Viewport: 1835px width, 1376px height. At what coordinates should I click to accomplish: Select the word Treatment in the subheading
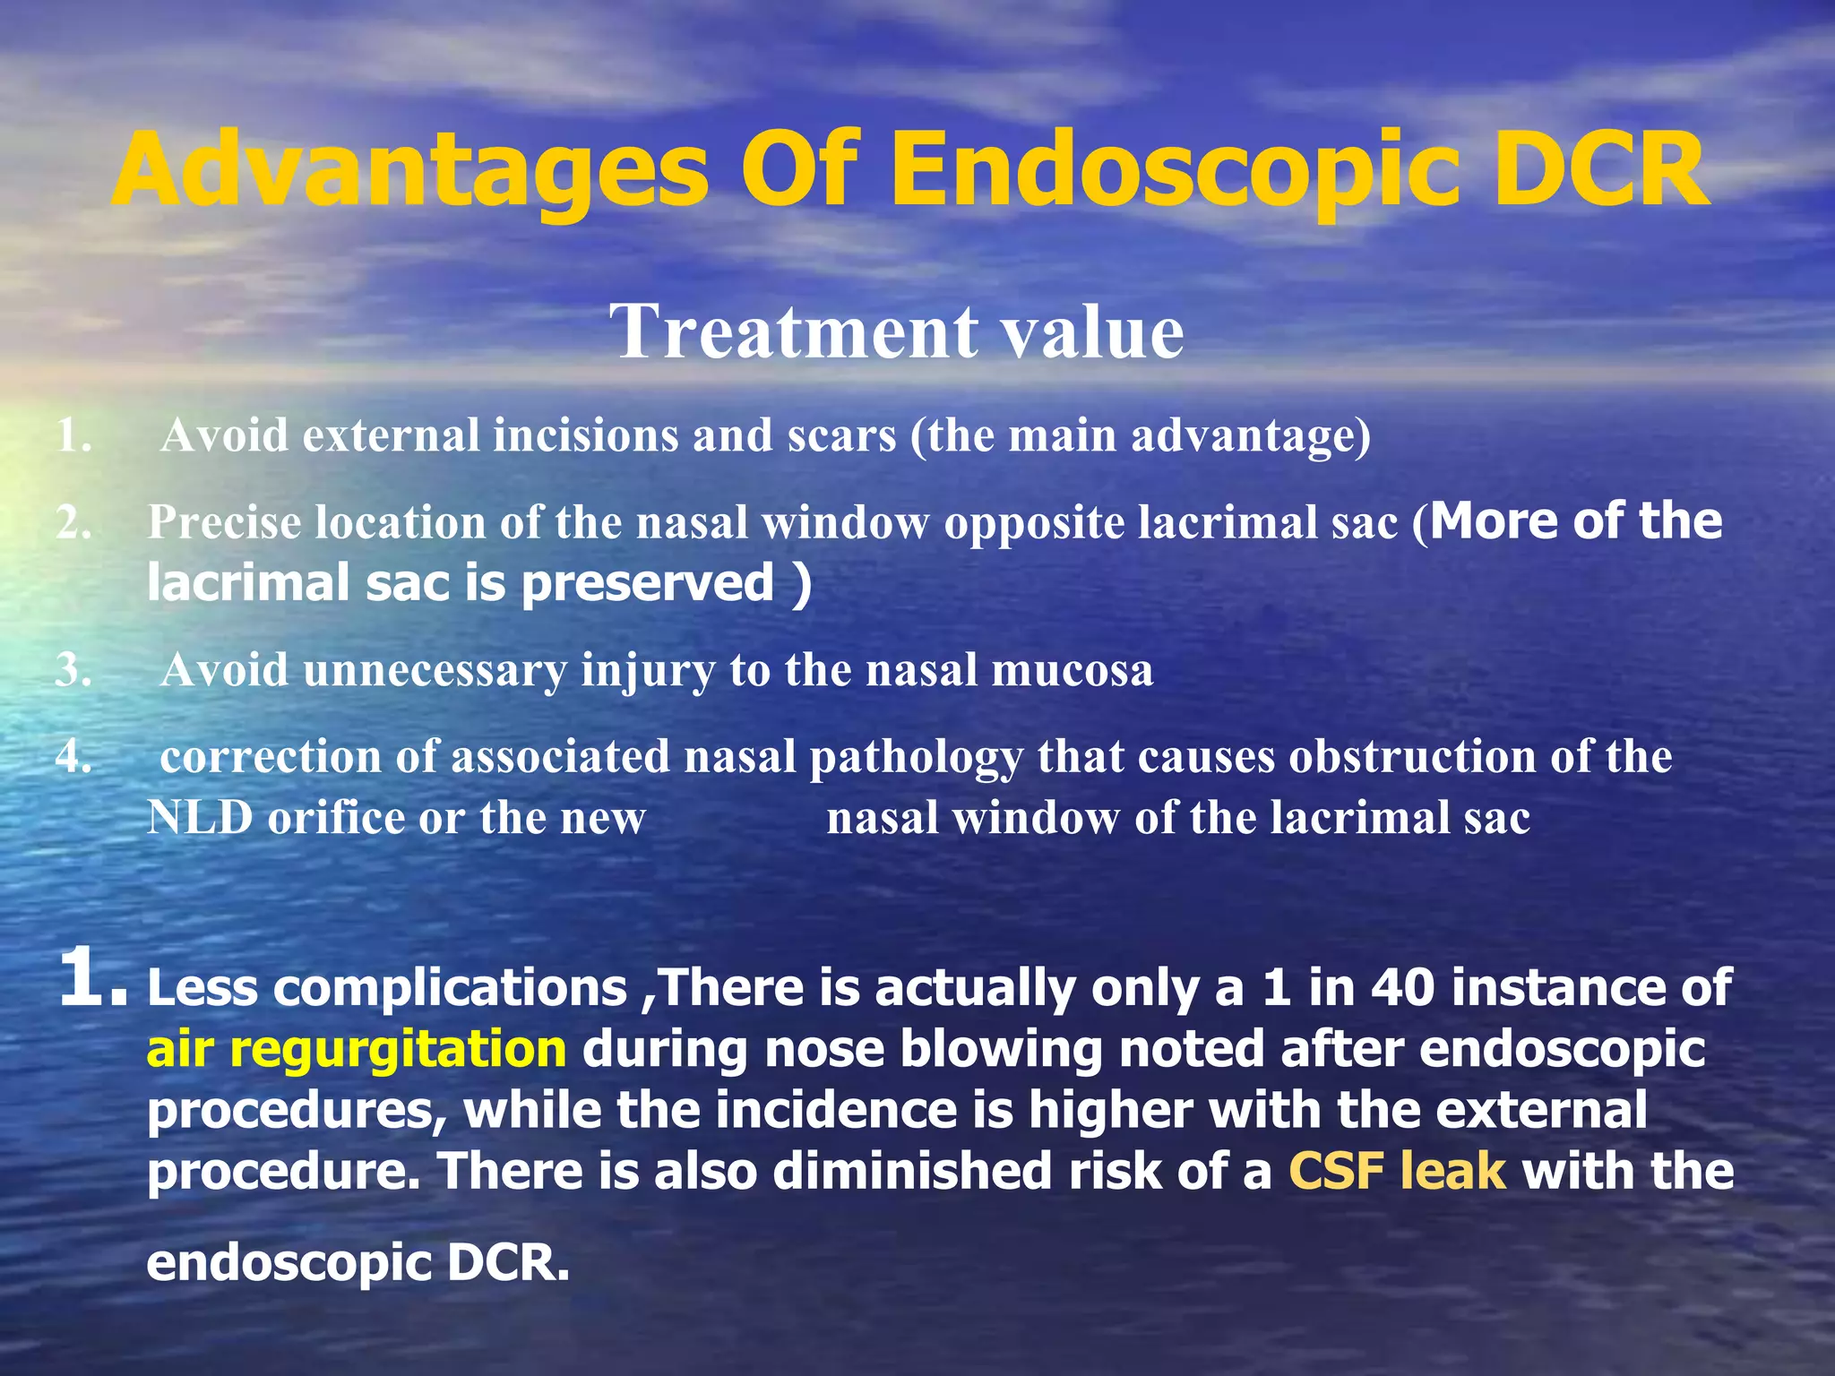click(794, 331)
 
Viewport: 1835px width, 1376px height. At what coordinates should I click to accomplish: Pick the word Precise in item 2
click(224, 521)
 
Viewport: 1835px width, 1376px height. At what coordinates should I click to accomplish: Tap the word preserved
click(648, 583)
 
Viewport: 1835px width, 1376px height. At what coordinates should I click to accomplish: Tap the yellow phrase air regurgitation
click(356, 1049)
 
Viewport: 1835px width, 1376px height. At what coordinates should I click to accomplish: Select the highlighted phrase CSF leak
click(1397, 1171)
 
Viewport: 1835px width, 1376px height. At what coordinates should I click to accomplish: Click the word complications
click(450, 987)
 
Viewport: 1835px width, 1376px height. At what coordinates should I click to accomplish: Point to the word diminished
click(912, 1171)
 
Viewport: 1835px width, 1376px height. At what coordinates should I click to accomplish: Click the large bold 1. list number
click(92, 978)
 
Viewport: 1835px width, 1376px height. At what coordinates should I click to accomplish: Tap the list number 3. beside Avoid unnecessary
click(73, 670)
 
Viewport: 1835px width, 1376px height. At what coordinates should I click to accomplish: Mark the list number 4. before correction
click(73, 757)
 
